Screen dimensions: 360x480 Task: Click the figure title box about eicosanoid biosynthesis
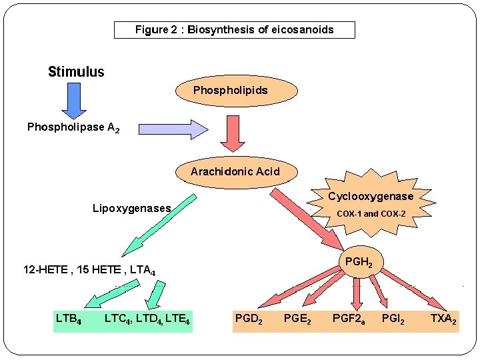(x=234, y=30)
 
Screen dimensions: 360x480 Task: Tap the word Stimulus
(x=76, y=72)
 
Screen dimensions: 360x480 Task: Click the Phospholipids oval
(x=231, y=90)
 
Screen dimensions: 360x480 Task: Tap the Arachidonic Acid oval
(x=235, y=172)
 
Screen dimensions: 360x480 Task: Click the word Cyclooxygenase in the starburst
(x=371, y=197)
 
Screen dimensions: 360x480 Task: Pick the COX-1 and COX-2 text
(x=371, y=214)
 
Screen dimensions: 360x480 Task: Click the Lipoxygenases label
(x=131, y=209)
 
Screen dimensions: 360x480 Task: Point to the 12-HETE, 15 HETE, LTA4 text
(x=89, y=271)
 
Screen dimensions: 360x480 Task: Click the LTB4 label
(x=69, y=319)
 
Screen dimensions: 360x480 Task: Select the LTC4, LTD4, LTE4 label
(x=147, y=319)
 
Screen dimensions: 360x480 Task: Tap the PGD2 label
(x=249, y=319)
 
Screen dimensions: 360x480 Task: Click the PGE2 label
(x=297, y=319)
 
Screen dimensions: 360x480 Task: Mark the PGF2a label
(x=348, y=319)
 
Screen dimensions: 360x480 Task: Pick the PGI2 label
(x=393, y=319)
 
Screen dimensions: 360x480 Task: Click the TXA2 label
(x=443, y=319)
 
